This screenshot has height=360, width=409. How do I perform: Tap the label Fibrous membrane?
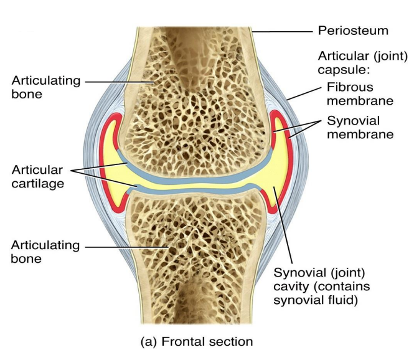coord(353,93)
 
